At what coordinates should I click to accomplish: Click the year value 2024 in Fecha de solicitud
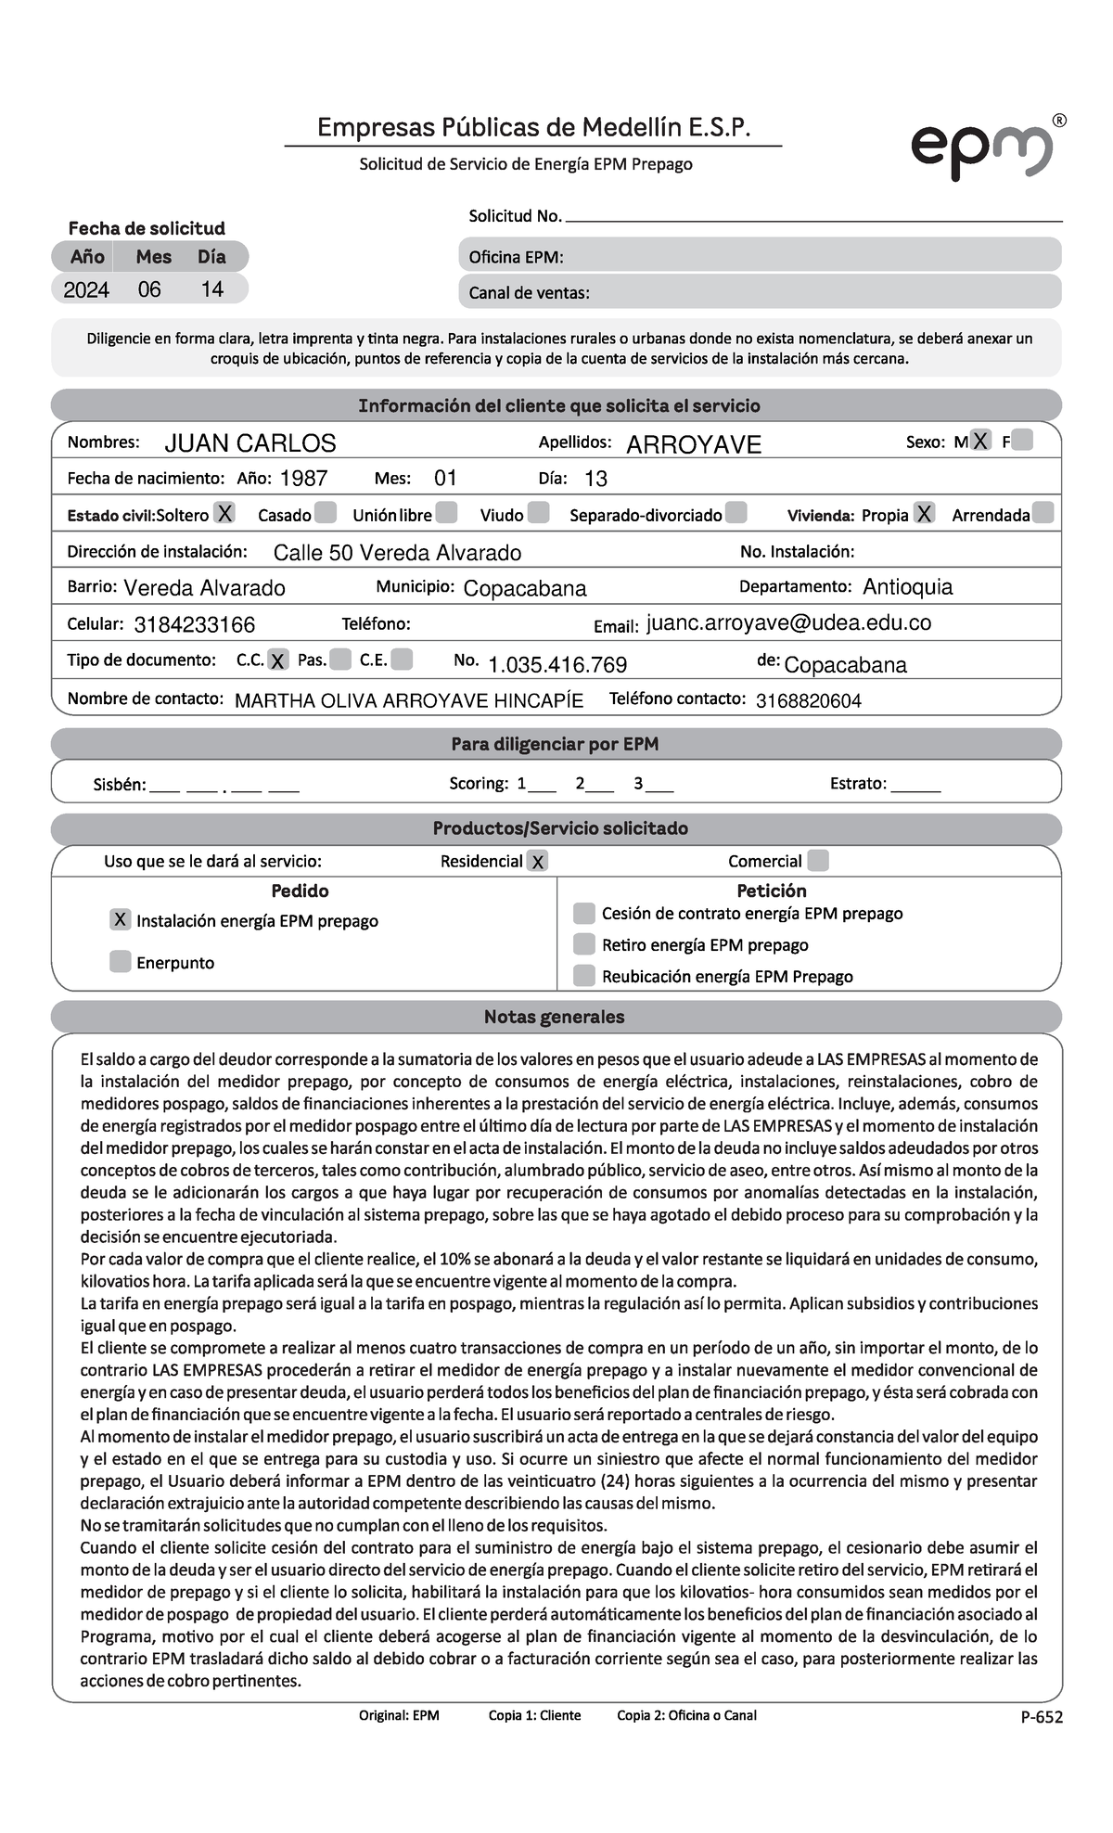click(86, 290)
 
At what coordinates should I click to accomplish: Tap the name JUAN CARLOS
click(249, 443)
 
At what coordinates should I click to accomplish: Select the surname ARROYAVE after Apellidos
click(693, 445)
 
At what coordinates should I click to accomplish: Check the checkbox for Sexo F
click(1022, 441)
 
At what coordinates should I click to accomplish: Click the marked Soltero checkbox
click(224, 513)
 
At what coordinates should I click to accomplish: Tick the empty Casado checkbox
click(326, 513)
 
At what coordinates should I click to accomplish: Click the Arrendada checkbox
click(1043, 513)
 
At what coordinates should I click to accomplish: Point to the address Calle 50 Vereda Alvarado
click(397, 553)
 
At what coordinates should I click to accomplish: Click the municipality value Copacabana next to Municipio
click(524, 589)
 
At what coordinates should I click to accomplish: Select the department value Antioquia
click(907, 587)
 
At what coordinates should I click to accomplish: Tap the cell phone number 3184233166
click(194, 625)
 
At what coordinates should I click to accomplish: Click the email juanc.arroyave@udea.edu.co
click(788, 623)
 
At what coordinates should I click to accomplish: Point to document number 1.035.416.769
click(556, 665)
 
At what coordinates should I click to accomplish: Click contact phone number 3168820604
click(808, 701)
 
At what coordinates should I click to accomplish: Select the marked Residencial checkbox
click(537, 862)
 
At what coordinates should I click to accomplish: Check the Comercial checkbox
click(817, 861)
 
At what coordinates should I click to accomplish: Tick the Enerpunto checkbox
click(120, 961)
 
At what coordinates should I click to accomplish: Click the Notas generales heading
click(555, 1017)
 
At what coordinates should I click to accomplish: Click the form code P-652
click(1042, 1717)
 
